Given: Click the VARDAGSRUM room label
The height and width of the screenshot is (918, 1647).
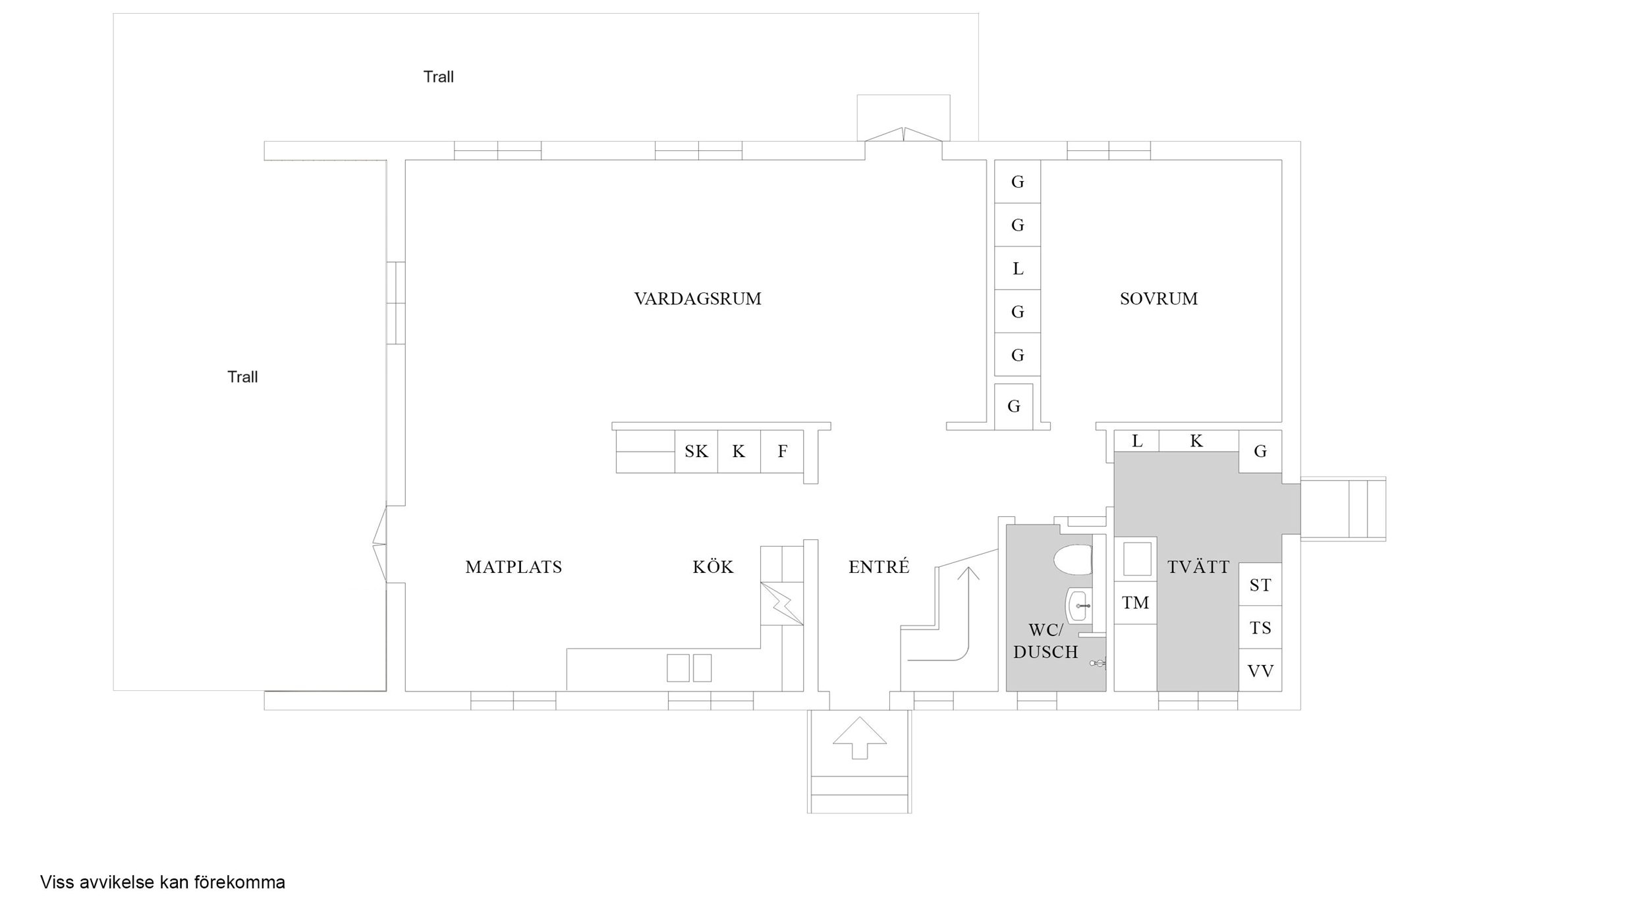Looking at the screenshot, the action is click(x=698, y=299).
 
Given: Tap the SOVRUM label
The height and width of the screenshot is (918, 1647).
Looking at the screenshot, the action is click(x=1159, y=299).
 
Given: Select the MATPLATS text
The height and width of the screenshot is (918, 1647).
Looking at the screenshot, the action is click(x=514, y=567).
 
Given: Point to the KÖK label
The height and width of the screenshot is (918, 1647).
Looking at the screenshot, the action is click(x=713, y=566).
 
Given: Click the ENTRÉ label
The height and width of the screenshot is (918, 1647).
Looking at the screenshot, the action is click(x=879, y=566).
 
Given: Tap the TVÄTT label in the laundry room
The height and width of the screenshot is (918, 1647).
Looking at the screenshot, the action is click(x=1198, y=566).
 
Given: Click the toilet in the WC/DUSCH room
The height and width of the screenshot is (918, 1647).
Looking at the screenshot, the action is click(x=1073, y=560).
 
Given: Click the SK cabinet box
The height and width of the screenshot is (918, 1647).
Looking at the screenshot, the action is click(x=696, y=451).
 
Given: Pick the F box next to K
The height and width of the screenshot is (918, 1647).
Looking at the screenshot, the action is click(x=782, y=451).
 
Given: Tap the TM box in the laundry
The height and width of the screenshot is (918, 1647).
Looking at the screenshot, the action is click(x=1135, y=603).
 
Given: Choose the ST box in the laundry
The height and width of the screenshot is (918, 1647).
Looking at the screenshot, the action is click(x=1260, y=584).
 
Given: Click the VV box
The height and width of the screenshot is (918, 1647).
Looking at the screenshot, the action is click(x=1260, y=671).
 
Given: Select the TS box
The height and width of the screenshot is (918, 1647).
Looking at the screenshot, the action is click(x=1260, y=628).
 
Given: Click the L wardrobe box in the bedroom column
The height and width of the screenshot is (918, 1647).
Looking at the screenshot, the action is click(x=1017, y=268).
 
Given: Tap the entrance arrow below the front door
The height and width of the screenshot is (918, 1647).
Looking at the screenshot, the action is click(x=860, y=738).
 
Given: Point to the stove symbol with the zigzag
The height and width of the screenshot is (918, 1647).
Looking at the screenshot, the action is click(x=782, y=603).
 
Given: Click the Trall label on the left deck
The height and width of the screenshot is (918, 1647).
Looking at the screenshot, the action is click(x=242, y=377).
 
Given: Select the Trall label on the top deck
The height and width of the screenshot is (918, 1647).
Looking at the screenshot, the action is click(x=438, y=76).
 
